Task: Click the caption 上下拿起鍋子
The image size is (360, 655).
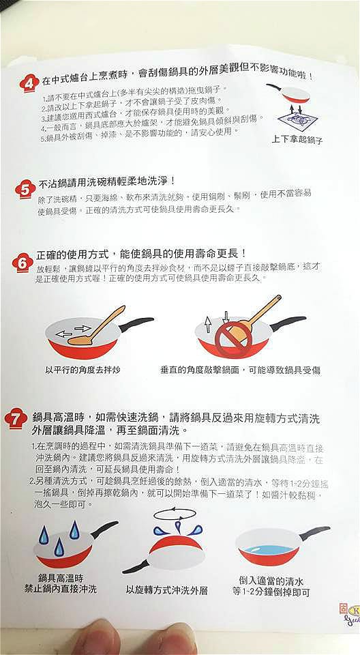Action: (x=297, y=140)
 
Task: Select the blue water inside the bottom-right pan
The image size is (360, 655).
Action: (x=267, y=549)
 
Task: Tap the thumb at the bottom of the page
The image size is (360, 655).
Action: (x=136, y=641)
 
